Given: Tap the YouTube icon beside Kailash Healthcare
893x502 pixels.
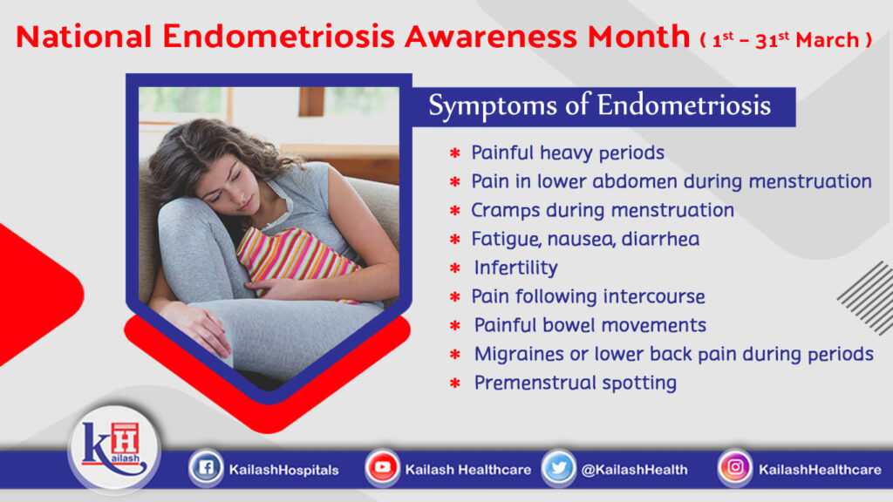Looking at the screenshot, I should (382, 469).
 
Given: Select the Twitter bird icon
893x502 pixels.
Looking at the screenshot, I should (558, 469).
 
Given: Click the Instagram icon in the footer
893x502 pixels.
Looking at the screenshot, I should (735, 469).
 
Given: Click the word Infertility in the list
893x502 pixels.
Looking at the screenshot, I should (515, 268).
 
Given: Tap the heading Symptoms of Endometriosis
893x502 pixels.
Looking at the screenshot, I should (599, 106).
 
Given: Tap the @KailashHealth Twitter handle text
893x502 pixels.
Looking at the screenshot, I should (634, 470).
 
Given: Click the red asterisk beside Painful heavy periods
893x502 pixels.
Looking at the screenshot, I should (454, 154).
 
